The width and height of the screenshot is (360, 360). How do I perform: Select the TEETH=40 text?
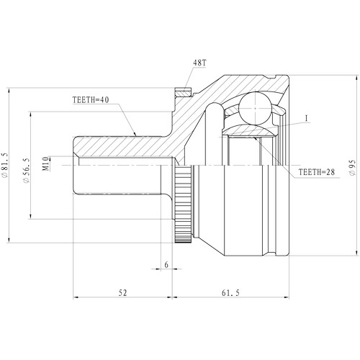(x=91, y=99)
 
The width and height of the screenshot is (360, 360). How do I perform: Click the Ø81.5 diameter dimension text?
(x=8, y=163)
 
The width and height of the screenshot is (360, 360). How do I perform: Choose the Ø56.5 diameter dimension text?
(x=26, y=164)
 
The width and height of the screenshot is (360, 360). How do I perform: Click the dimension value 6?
(x=166, y=264)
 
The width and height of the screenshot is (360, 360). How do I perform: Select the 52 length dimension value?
(x=122, y=293)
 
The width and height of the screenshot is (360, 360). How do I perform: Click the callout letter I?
(x=306, y=119)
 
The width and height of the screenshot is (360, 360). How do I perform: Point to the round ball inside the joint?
(x=254, y=108)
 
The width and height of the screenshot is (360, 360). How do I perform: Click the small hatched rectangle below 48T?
(x=183, y=92)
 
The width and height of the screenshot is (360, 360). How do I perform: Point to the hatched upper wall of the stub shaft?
(x=122, y=147)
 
